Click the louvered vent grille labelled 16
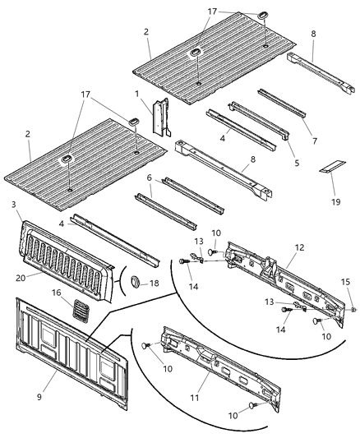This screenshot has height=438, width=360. tap(80, 310)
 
